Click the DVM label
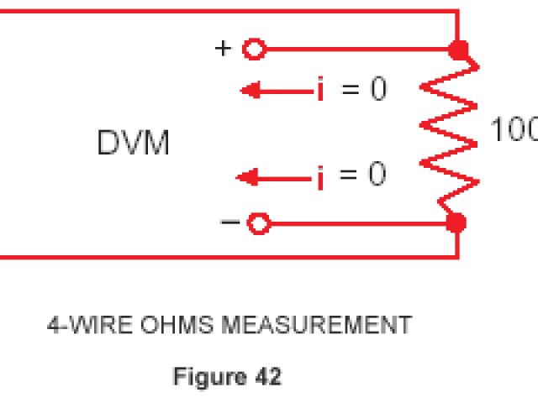click(134, 144)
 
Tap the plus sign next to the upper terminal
click(223, 48)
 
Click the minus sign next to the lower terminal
click(229, 222)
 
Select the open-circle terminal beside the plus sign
click(253, 50)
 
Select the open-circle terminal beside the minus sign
click(259, 223)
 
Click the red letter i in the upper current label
click(320, 89)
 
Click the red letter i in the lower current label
click(320, 176)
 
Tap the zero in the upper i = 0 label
click(378, 89)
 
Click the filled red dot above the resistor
click(459, 50)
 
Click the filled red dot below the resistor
click(456, 223)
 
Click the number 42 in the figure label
click(266, 377)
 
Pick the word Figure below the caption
click(206, 377)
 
